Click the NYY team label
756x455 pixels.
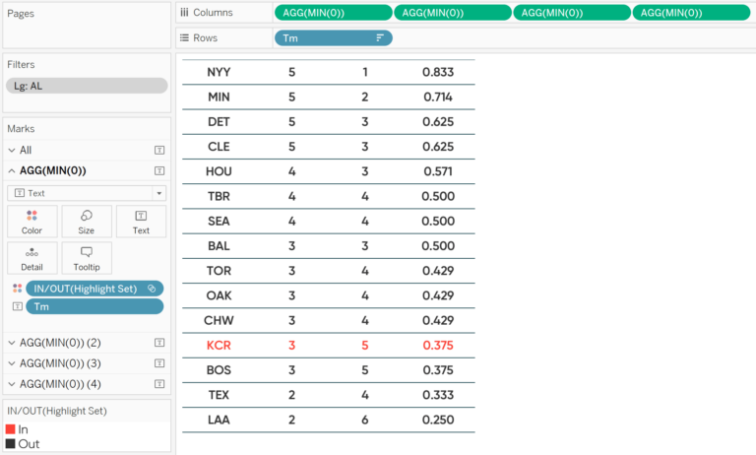[x=219, y=72]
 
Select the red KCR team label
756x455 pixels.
[x=219, y=346]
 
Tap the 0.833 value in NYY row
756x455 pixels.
[x=438, y=72]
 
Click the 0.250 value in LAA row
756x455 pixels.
[x=438, y=420]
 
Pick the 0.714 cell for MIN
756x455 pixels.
[x=438, y=97]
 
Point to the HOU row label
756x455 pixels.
[x=219, y=171]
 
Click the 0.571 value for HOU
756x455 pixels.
[x=438, y=171]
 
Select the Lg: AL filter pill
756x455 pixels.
[x=87, y=86]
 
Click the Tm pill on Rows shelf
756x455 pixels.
[x=333, y=37]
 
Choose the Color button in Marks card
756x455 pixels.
[x=31, y=222]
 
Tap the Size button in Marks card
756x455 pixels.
[x=87, y=222]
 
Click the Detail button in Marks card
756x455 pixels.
[x=31, y=258]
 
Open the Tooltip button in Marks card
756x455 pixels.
[x=87, y=258]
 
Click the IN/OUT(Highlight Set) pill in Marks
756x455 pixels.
[x=94, y=289]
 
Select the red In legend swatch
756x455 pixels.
[x=11, y=429]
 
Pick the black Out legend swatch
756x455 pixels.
[x=11, y=444]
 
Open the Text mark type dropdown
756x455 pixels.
[x=87, y=193]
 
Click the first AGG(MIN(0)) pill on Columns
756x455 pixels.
[x=333, y=13]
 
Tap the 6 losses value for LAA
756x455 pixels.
[x=364, y=420]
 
